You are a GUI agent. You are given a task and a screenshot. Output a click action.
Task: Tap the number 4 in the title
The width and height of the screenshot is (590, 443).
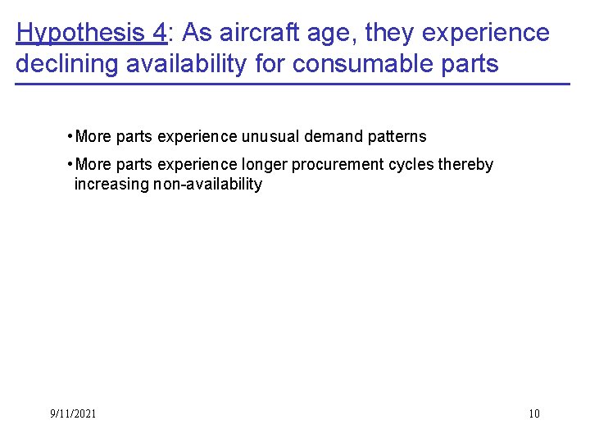[x=158, y=33]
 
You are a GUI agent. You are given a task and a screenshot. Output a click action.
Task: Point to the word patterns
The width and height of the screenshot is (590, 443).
[x=398, y=136]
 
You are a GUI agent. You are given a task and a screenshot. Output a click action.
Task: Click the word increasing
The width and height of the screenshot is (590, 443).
[x=111, y=184]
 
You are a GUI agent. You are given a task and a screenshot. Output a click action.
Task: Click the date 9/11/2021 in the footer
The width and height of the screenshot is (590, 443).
[x=73, y=413]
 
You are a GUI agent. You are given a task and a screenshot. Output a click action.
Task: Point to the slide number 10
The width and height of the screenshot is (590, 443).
[x=534, y=413]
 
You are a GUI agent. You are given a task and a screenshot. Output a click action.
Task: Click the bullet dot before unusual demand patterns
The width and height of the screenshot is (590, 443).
[x=71, y=135]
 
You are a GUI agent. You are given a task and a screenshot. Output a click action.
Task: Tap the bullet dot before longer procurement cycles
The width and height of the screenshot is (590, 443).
[x=71, y=163]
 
